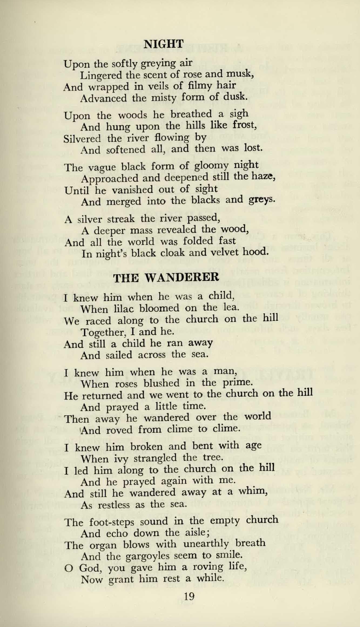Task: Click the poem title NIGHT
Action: (x=164, y=44)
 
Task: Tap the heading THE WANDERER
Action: (x=166, y=277)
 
